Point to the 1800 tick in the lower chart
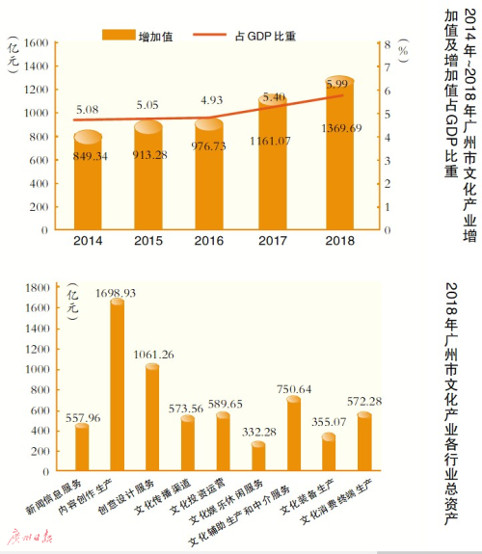point(42,286)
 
